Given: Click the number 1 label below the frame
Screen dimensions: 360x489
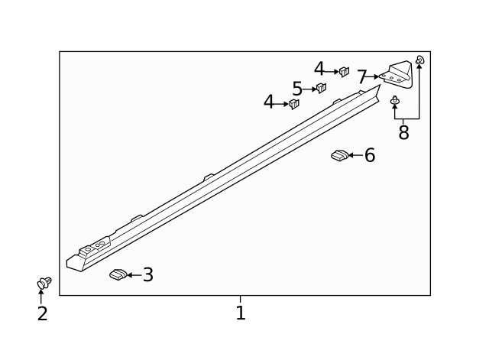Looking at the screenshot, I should pos(241,313).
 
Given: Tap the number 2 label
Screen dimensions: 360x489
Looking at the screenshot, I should pos(43,313).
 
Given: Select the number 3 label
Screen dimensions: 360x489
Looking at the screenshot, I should pos(148,275).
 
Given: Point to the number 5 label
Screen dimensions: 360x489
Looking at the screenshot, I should pos(297,89).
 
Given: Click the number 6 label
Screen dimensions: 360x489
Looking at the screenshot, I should pos(370,156).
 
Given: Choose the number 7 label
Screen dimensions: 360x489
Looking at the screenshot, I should pos(362,77).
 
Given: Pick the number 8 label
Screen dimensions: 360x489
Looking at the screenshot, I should pos(403,133).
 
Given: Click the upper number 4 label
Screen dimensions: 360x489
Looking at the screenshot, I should pos(319,70).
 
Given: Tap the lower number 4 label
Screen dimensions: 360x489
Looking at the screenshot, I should pos(268,102).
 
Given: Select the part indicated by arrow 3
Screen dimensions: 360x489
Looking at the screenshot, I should pos(118,274).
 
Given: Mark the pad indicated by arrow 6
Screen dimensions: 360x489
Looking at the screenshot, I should pos(339,156).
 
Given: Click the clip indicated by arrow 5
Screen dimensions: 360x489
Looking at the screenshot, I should pos(322,88).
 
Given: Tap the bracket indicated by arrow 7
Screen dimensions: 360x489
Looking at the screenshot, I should pos(397,73).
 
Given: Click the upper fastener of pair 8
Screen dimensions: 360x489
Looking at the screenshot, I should pos(419,60).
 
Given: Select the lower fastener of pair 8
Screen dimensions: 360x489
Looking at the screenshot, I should pos(395,100).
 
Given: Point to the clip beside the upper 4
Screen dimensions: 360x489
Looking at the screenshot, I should pos(344,72).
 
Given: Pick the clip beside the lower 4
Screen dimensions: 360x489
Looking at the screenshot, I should pos(294,103).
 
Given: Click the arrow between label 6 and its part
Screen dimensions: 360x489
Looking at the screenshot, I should pos(355,156).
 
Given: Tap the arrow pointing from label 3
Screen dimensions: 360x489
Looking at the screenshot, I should pos(134,275).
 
